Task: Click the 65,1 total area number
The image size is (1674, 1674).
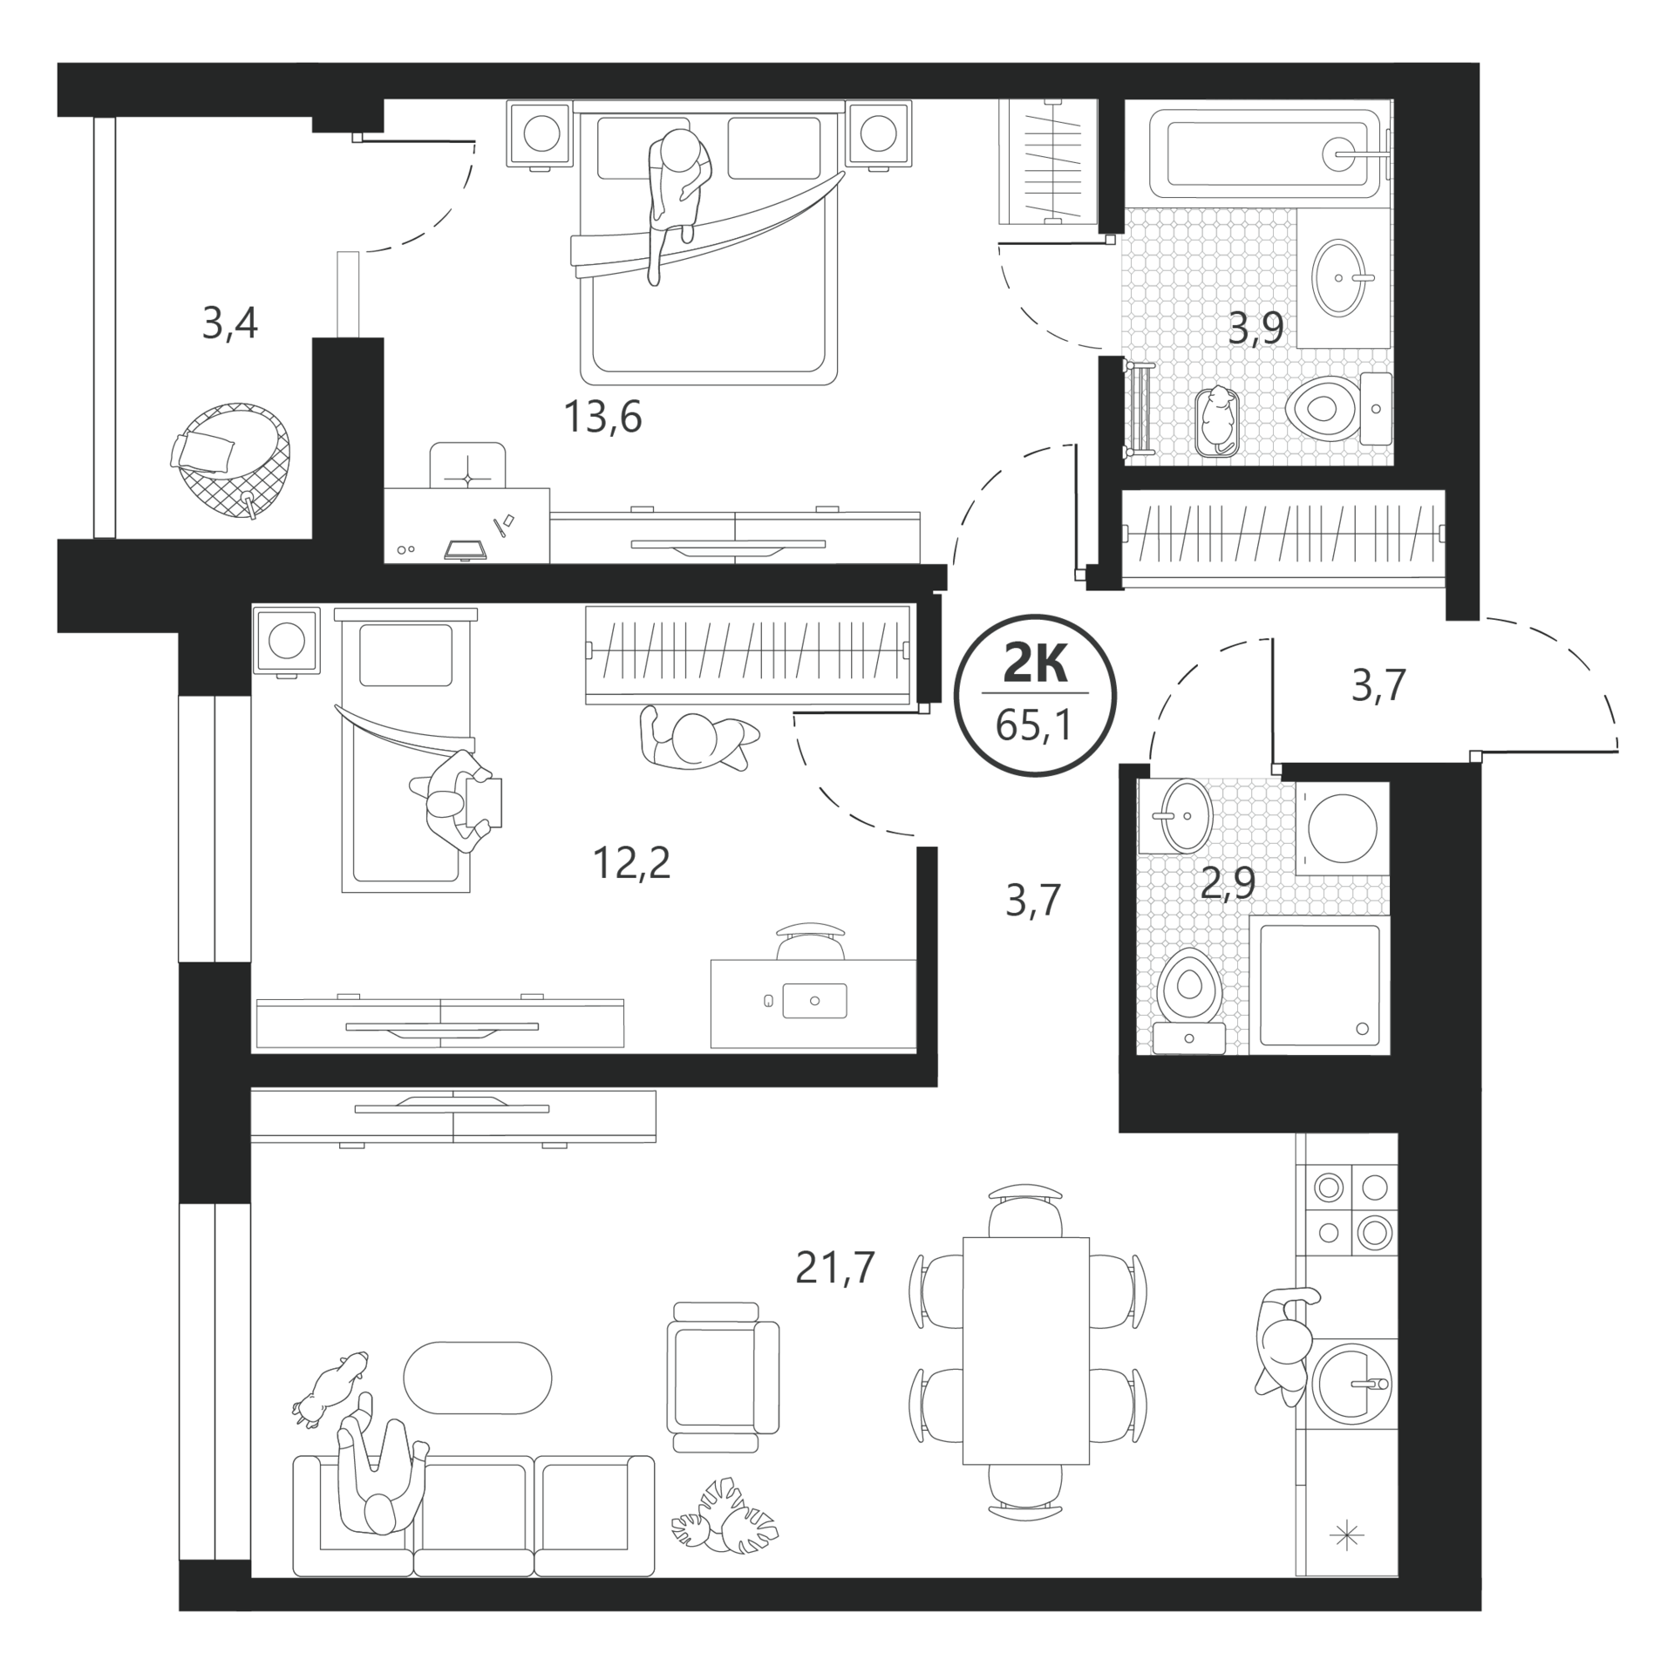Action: (x=1034, y=725)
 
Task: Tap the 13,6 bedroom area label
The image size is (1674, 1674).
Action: (x=602, y=417)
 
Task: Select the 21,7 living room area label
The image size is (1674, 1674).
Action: (x=834, y=1267)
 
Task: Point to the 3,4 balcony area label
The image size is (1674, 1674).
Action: (x=229, y=323)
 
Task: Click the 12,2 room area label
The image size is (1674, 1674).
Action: (x=631, y=863)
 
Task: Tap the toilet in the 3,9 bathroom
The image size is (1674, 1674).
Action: (x=1339, y=408)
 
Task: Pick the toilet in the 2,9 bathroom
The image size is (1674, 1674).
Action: (x=1189, y=1001)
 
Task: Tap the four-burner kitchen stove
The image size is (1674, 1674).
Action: (x=1347, y=1208)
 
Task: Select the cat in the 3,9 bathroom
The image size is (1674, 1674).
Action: (x=1216, y=419)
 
